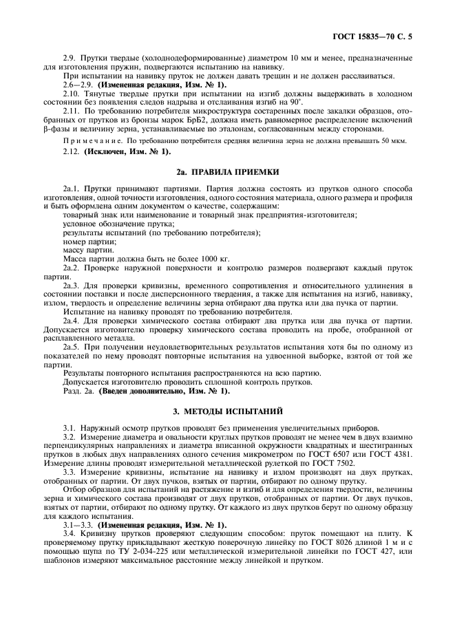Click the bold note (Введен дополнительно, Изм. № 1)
[x=163, y=391]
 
